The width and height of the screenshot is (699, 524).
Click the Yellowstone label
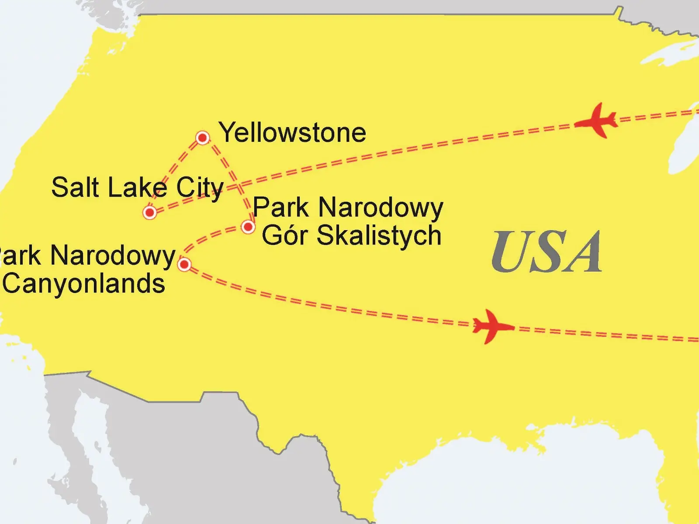(x=292, y=132)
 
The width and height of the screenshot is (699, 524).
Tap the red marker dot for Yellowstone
(x=202, y=138)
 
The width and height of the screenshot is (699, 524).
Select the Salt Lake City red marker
(x=150, y=213)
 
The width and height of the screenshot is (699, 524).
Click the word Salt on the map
(x=75, y=187)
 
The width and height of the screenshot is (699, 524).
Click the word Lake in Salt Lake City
(x=137, y=187)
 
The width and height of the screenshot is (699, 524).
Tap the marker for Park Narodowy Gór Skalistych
(x=248, y=227)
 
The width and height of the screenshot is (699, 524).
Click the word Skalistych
(x=378, y=236)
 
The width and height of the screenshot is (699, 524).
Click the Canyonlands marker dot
(x=184, y=264)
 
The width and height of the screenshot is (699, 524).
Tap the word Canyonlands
(x=84, y=284)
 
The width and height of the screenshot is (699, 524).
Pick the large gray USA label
(x=547, y=252)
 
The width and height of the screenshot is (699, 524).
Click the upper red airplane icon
(x=597, y=120)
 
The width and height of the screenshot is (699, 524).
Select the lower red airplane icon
(x=493, y=326)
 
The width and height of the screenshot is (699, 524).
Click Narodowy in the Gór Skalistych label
(x=381, y=208)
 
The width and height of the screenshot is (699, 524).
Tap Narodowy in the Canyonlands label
(x=113, y=256)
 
